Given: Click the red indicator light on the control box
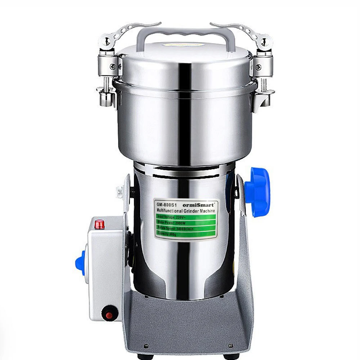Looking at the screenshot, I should [99, 225].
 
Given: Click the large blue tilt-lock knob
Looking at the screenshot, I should [258, 193].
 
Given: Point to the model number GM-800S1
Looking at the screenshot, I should [166, 203].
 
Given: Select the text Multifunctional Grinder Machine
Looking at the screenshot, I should [185, 210].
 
